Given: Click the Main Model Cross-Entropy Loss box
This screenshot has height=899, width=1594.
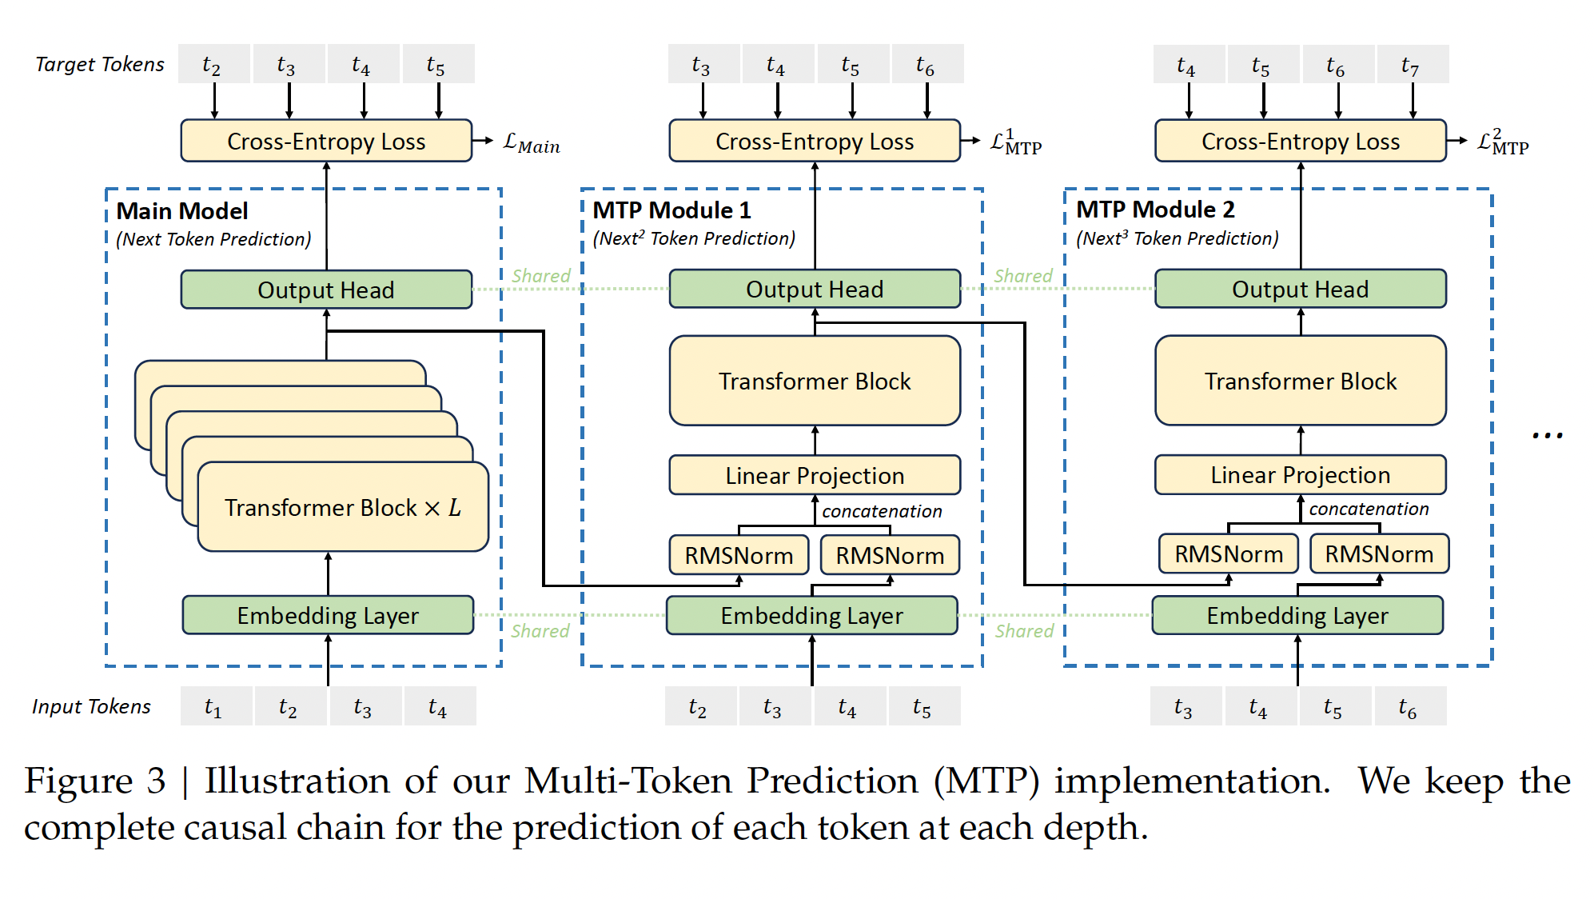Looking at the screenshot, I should click(326, 141).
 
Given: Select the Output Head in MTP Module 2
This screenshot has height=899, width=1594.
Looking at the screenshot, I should click(1300, 289).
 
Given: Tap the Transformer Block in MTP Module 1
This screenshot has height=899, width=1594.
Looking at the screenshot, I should click(814, 381).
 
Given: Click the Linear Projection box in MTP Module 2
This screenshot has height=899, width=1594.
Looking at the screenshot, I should click(1300, 475).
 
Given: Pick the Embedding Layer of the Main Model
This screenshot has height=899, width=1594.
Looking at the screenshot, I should click(328, 615).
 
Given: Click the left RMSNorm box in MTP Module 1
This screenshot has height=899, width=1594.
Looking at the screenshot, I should click(739, 555).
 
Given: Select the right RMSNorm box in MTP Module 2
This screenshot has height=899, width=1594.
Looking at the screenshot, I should click(1379, 553).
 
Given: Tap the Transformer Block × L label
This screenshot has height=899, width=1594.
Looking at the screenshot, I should click(342, 507).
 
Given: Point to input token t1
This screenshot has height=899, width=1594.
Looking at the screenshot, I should click(213, 706).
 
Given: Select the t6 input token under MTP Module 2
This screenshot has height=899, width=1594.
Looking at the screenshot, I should click(1409, 706).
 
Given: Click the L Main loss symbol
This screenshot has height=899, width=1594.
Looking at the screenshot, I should click(531, 143).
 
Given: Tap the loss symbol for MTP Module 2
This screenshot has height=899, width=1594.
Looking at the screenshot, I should click(1502, 142).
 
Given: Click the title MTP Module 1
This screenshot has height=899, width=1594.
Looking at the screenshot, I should click(671, 210).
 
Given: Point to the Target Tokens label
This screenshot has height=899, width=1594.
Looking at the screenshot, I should click(100, 64).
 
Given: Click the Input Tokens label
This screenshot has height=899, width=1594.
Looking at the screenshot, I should click(91, 706).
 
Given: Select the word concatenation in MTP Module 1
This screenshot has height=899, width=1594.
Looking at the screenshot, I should click(882, 511).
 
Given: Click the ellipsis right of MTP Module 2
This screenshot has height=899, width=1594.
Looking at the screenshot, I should click(1547, 436).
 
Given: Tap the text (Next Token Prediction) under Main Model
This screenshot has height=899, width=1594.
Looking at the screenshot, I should click(213, 239).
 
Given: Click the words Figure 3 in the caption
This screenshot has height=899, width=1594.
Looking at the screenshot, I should click(94, 781).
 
